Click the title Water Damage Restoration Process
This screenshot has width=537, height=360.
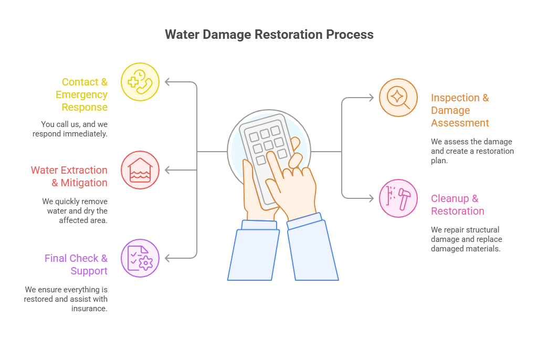[x=269, y=35]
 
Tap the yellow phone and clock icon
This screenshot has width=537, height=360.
[x=140, y=82]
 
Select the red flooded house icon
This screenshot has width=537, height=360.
[x=140, y=170]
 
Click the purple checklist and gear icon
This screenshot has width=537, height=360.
[x=140, y=258]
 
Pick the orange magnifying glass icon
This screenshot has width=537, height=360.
[x=398, y=98]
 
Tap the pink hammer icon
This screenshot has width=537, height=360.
[x=398, y=198]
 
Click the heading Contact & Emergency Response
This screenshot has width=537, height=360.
[x=84, y=94]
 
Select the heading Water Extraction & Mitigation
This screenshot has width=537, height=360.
[x=69, y=176]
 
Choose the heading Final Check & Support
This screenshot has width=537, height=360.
[x=76, y=264]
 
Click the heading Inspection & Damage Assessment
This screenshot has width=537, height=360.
[x=459, y=110]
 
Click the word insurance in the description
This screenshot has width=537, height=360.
[x=89, y=309]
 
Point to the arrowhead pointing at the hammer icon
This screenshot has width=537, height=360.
[x=371, y=198]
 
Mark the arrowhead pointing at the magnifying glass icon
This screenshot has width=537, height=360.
[x=371, y=98]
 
